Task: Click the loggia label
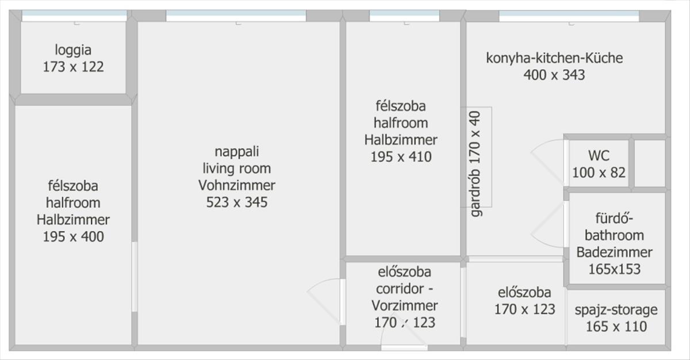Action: pyautogui.click(x=73, y=50)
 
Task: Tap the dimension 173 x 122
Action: pyautogui.click(x=73, y=67)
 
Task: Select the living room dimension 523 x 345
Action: pyautogui.click(x=236, y=202)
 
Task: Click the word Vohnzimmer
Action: pyautogui.click(x=236, y=185)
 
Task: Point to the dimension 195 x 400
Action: pyautogui.click(x=73, y=237)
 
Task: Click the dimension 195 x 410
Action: pyautogui.click(x=401, y=157)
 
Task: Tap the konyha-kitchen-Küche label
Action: pyautogui.click(x=554, y=58)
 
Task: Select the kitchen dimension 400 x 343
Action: pyautogui.click(x=554, y=75)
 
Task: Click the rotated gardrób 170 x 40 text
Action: pyautogui.click(x=476, y=164)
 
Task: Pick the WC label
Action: pyautogui.click(x=599, y=155)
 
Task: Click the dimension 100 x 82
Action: pyautogui.click(x=599, y=173)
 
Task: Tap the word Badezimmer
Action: pyautogui.click(x=614, y=252)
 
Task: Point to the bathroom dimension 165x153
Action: pyautogui.click(x=614, y=269)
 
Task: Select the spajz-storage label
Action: pyautogui.click(x=616, y=310)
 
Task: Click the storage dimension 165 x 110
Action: pyautogui.click(x=616, y=327)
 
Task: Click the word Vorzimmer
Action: pyautogui.click(x=404, y=306)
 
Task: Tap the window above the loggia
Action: pyautogui.click(x=74, y=16)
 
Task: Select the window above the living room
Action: pyautogui.click(x=236, y=16)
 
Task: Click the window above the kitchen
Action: pyautogui.click(x=569, y=16)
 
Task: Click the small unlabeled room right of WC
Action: pyautogui.click(x=650, y=163)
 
